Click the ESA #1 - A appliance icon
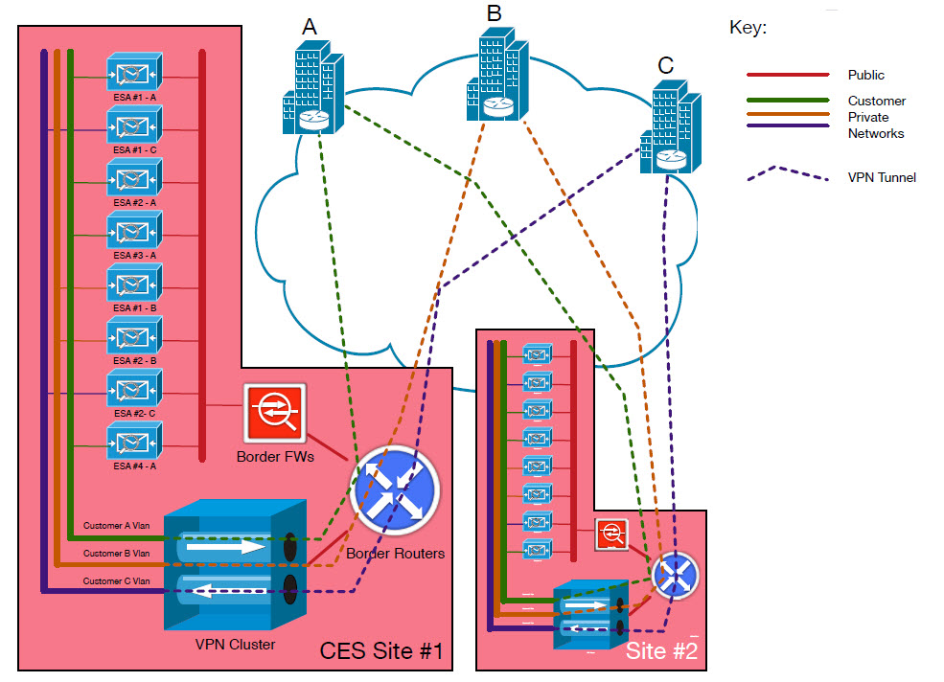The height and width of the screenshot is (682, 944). tap(134, 74)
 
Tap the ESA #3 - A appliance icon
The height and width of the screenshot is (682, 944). tap(134, 233)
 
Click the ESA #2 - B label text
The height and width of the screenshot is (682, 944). tap(134, 360)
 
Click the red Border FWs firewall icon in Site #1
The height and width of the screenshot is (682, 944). tap(273, 413)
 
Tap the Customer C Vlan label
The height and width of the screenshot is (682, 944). tap(117, 580)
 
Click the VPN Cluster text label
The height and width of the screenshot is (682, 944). tap(234, 645)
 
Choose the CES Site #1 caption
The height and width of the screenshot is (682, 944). tap(381, 653)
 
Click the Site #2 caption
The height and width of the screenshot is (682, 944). tap(660, 651)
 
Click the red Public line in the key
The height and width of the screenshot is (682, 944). tap(788, 75)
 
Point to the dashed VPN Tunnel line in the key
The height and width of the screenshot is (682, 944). tap(788, 177)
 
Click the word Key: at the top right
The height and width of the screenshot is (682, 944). tap(748, 28)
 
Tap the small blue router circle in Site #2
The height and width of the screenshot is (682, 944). tap(676, 575)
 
